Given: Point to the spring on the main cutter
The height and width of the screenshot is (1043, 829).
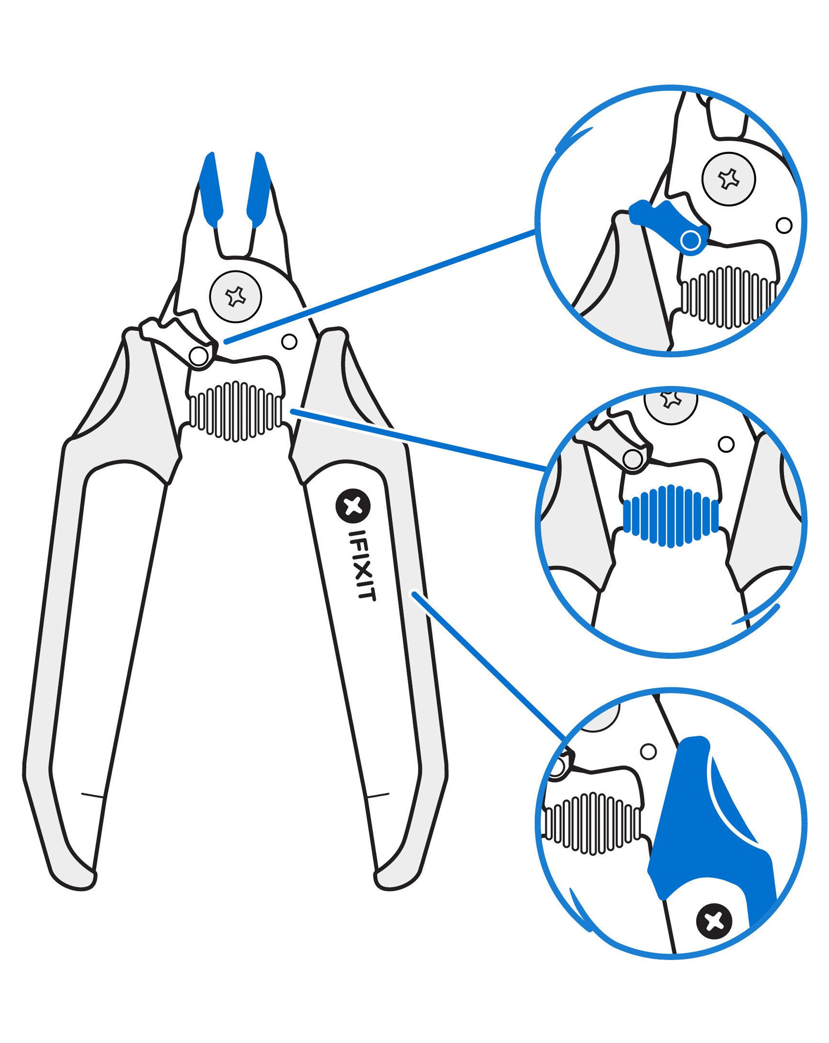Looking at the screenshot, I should pos(236,411).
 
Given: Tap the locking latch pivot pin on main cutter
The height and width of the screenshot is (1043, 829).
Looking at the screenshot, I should pos(198,356).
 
